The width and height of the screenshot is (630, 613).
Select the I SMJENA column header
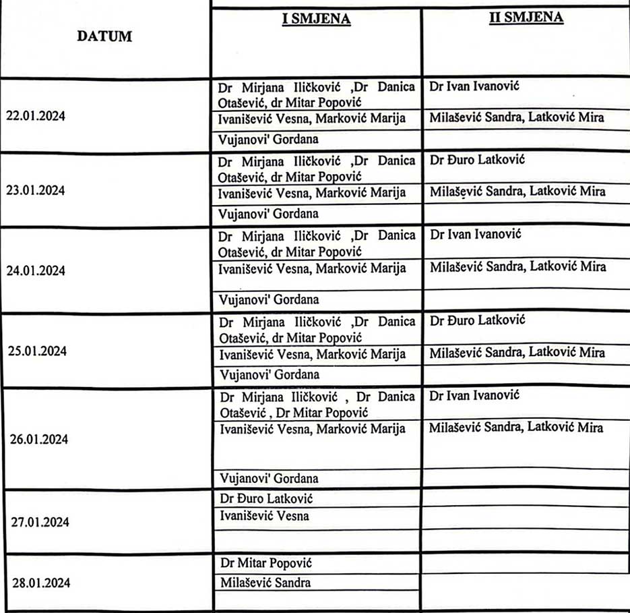click(316, 19)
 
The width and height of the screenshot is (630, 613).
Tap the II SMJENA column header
click(526, 18)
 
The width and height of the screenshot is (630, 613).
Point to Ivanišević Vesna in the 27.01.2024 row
click(265, 517)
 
